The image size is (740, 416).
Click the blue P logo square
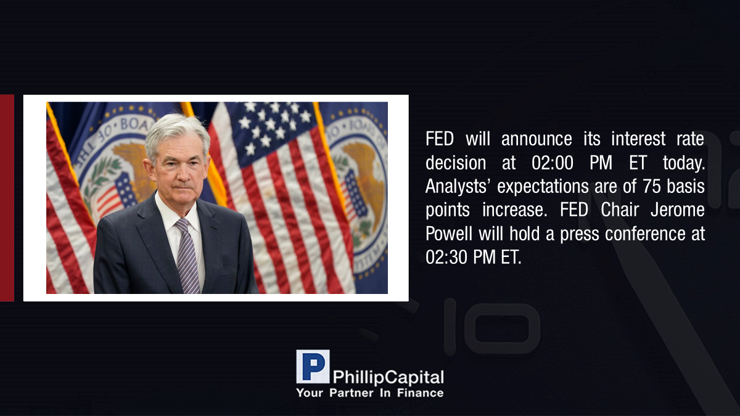[x=313, y=367]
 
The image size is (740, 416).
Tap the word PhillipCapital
[x=388, y=378]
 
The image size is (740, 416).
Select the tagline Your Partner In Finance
[x=370, y=393]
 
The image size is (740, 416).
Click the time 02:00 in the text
[x=553, y=163]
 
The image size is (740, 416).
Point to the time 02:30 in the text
[x=446, y=257]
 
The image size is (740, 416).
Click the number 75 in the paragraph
[x=651, y=186]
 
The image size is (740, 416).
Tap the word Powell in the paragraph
[x=449, y=234]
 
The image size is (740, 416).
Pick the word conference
[x=645, y=234]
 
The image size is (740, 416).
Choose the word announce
[x=536, y=139]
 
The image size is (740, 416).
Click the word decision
[x=456, y=163]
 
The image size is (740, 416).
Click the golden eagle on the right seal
[x=364, y=178]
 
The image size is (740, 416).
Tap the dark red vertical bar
[x=7, y=198]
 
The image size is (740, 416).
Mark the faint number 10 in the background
[x=491, y=327]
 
